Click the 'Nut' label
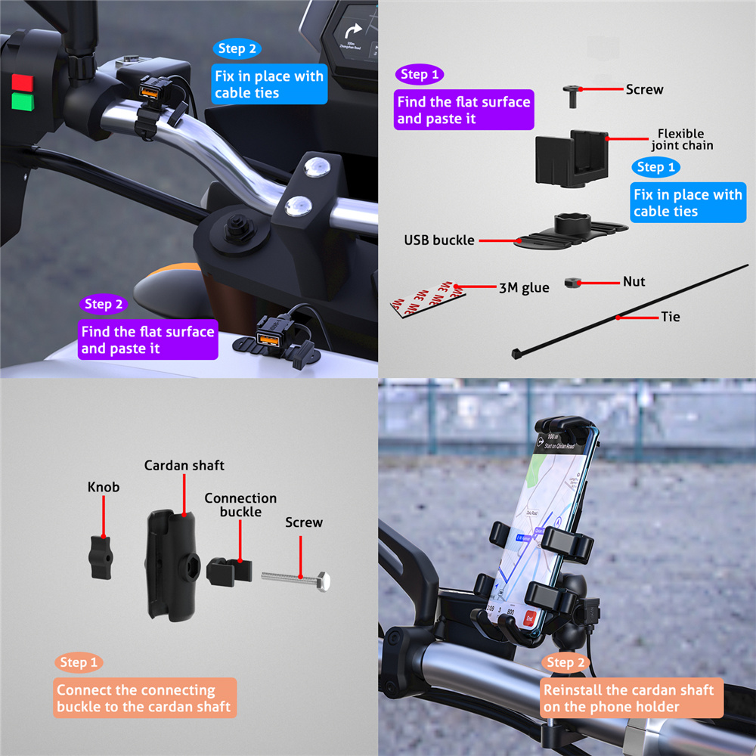634,281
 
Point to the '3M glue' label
524,287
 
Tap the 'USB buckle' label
438,240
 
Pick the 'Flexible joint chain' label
680,139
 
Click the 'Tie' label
670,317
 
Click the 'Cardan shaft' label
184,465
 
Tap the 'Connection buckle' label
240,505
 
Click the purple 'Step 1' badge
418,74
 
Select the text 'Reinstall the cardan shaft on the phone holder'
627,699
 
